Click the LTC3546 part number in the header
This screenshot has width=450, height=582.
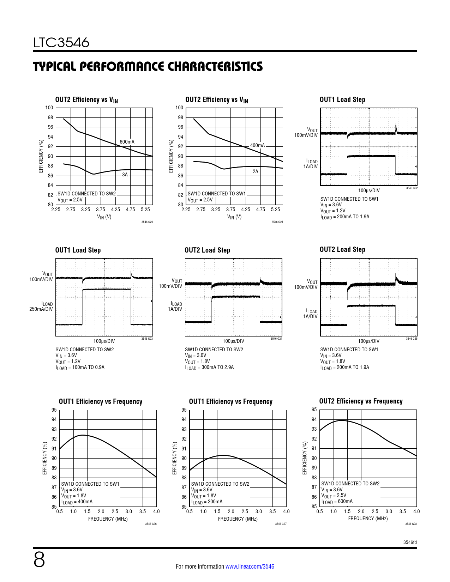(x=61, y=43)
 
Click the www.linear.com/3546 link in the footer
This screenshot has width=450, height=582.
(x=250, y=566)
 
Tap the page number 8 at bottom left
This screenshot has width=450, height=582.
(x=39, y=560)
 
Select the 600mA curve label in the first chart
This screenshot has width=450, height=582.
(x=127, y=142)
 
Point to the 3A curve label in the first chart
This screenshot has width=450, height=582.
(x=125, y=175)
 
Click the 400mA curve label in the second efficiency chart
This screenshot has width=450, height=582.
(x=257, y=145)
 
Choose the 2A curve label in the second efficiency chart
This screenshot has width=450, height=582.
(x=255, y=171)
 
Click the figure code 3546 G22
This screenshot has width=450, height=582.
(x=412, y=188)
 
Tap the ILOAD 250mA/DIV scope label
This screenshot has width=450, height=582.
(x=41, y=307)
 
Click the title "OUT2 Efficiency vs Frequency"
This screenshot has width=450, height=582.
(x=361, y=401)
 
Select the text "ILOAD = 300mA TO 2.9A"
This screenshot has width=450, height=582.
(x=209, y=368)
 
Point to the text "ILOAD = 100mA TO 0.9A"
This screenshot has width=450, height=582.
(x=80, y=368)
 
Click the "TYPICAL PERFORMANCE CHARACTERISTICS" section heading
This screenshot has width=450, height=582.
(x=148, y=67)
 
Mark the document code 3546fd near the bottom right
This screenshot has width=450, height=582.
(x=410, y=542)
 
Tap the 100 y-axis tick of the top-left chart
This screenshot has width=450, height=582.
(x=49, y=108)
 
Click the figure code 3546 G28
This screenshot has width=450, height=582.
(x=411, y=524)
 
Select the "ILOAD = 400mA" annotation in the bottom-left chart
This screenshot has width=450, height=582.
(x=77, y=502)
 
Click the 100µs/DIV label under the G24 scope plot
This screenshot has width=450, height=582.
(x=233, y=341)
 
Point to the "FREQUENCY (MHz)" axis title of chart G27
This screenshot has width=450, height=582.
(x=238, y=519)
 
